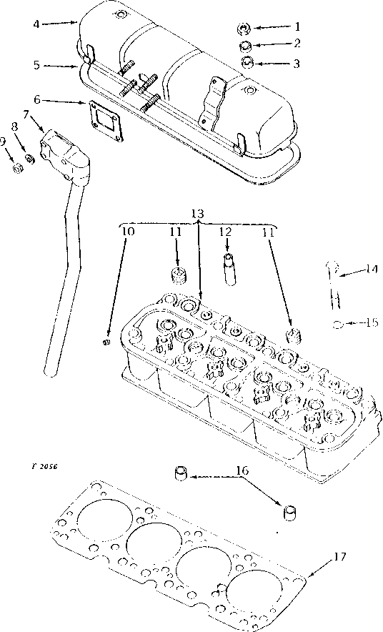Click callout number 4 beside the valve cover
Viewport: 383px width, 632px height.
coord(36,24)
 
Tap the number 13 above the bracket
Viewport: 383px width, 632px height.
coord(198,214)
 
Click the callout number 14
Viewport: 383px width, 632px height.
coord(370,270)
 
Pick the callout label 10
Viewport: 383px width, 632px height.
coord(126,231)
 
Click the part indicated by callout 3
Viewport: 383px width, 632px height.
coord(246,63)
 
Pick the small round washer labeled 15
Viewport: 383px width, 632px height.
coord(337,324)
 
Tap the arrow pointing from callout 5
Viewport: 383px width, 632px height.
coord(61,66)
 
